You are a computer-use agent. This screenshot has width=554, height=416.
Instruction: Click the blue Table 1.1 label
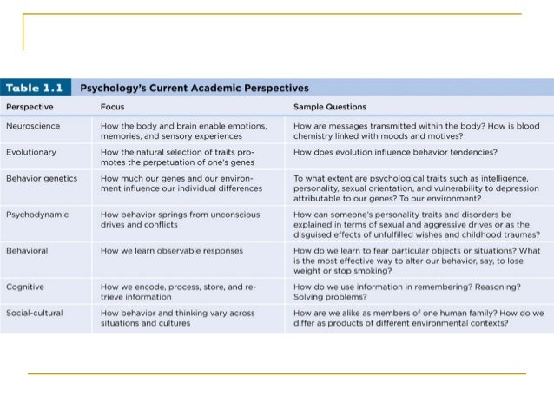click(x=36, y=88)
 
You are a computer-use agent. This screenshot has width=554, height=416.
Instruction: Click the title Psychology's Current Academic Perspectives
click(x=195, y=88)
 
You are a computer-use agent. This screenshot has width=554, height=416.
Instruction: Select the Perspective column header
click(x=30, y=107)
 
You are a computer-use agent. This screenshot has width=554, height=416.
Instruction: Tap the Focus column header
click(x=113, y=107)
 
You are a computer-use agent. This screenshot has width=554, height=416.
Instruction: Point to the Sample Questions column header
click(x=330, y=107)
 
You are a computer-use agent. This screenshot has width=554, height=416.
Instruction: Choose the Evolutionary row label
click(x=30, y=152)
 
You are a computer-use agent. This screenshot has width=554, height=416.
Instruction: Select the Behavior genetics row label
click(x=41, y=178)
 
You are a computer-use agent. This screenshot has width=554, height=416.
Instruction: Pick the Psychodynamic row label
click(x=35, y=213)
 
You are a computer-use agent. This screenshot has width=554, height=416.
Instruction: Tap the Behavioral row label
click(x=28, y=251)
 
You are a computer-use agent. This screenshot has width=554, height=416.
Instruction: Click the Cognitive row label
click(x=25, y=286)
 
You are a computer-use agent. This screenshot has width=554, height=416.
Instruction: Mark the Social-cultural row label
click(x=34, y=313)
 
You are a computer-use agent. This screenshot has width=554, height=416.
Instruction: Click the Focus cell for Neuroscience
click(x=183, y=131)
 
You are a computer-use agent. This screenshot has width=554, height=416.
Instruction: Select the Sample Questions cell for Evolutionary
click(x=395, y=152)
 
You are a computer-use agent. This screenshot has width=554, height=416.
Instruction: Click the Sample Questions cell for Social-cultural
click(x=418, y=318)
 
